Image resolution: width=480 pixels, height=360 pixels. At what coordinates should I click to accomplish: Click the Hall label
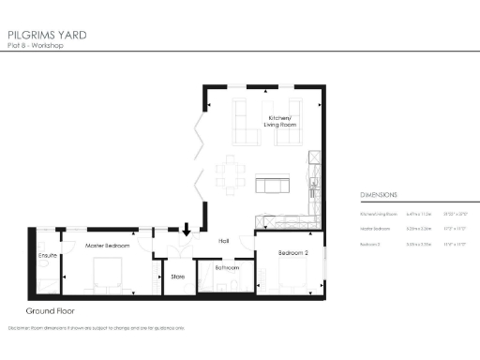(x=224, y=241)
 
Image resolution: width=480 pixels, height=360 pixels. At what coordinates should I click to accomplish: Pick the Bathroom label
(x=228, y=267)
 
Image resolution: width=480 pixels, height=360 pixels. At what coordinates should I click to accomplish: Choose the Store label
(x=176, y=277)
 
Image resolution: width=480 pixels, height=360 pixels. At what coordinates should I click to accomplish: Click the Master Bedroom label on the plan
(x=108, y=246)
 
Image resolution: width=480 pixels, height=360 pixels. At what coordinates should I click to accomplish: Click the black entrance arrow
(x=186, y=228)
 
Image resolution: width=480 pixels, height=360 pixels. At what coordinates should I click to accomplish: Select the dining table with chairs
(x=231, y=172)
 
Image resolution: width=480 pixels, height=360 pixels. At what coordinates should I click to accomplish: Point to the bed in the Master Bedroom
(x=107, y=277)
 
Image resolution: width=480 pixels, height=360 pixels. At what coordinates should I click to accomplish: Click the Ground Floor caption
(x=52, y=310)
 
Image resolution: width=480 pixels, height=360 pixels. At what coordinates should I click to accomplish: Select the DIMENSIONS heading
(x=379, y=195)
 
